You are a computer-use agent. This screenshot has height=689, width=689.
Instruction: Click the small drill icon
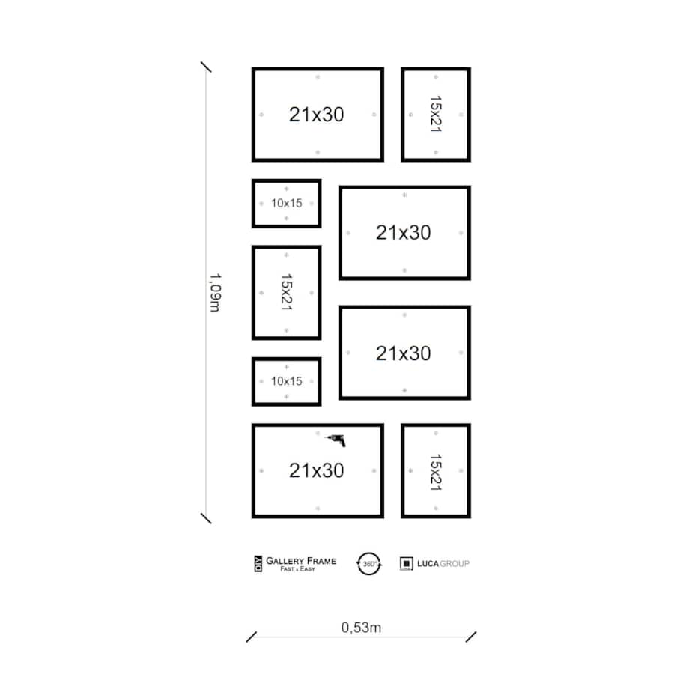pos(336,440)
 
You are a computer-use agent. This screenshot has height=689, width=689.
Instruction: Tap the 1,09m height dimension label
pos(215,293)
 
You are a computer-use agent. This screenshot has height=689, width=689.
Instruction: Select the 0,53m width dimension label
pos(361,628)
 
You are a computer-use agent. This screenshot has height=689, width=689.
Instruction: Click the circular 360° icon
pos(369,564)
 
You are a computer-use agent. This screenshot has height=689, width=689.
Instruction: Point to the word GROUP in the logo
pos(455,564)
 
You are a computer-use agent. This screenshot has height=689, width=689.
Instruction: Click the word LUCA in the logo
pos(428,564)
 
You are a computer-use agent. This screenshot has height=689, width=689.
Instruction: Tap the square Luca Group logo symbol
pos(407,564)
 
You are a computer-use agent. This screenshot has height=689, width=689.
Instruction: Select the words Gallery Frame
pos(301,561)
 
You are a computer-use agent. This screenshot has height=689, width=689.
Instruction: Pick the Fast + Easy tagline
pos(297,569)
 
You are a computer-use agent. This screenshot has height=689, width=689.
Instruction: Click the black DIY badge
pos(258,564)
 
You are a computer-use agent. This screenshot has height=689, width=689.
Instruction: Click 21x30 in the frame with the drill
pos(316,470)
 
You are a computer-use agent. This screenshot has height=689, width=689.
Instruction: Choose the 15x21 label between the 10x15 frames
pos(287,292)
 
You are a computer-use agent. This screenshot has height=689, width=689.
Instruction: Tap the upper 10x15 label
pos(287,203)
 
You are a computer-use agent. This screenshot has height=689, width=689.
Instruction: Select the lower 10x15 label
pos(287,381)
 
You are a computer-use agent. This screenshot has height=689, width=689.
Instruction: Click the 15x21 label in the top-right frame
pos(435,115)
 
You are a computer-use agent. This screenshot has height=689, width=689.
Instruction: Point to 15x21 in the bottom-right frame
pos(435,473)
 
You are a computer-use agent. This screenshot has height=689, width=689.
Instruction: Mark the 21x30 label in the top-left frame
pos(316,115)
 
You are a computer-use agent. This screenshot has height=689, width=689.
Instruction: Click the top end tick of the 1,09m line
pos(206,67)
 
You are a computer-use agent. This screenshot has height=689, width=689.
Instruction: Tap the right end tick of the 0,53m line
pos(471,637)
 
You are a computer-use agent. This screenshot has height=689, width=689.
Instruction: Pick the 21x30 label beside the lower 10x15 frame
pos(404,353)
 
